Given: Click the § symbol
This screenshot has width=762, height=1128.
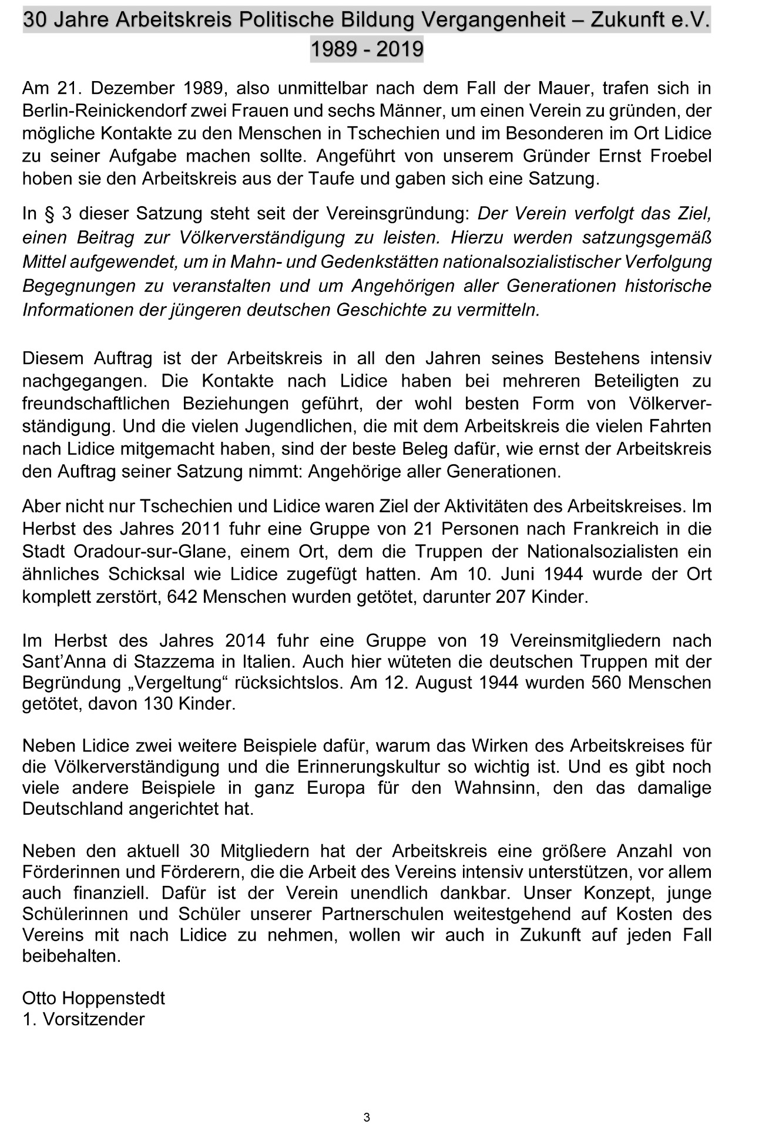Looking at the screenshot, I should [49, 213].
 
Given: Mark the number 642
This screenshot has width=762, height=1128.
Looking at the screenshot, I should [180, 597].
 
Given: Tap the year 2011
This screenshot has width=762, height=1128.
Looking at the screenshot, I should [200, 529].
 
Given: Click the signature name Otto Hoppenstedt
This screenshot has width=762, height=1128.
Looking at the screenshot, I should [93, 998].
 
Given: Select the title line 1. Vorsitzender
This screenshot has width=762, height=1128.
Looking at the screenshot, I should [83, 1019].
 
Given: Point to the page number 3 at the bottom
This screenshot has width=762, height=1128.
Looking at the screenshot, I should [367, 1117].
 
